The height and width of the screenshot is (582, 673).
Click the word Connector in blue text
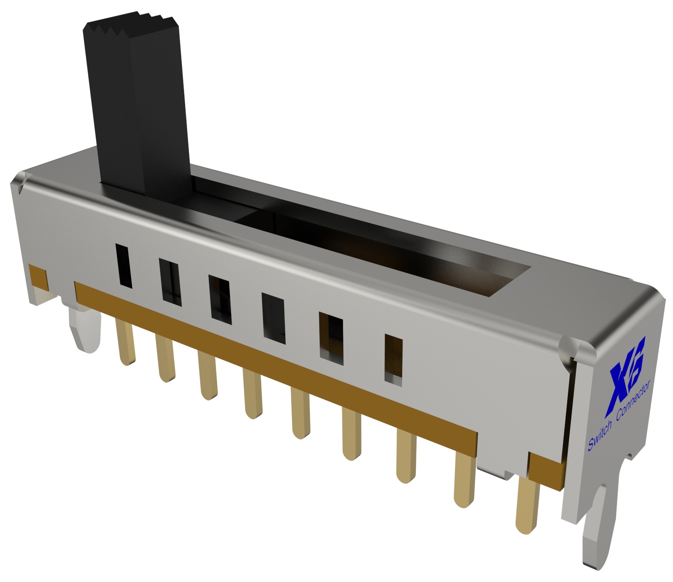pos(632,403)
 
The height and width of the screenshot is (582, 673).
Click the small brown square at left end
pos(39,279)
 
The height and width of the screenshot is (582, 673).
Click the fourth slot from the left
pos(274,318)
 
